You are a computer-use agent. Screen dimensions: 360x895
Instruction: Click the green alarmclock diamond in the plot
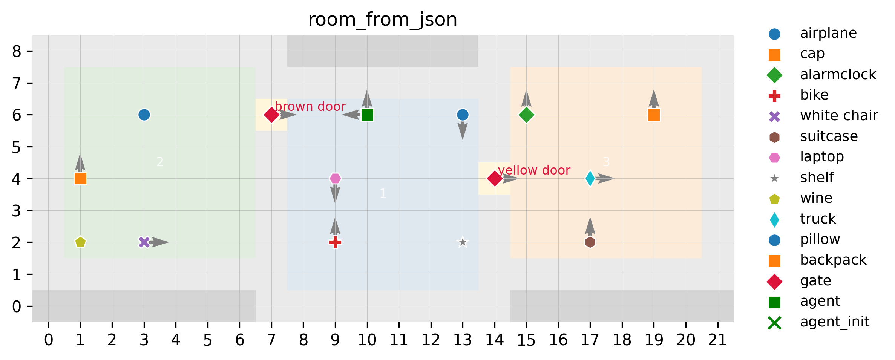(x=526, y=115)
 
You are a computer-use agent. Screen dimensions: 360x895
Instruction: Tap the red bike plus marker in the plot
(x=335, y=242)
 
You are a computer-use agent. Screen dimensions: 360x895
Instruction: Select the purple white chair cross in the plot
(x=144, y=242)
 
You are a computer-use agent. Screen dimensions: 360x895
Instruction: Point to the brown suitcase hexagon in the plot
(x=590, y=242)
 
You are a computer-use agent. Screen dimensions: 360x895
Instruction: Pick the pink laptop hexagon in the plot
(x=335, y=179)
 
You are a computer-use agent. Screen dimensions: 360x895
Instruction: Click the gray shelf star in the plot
(x=463, y=242)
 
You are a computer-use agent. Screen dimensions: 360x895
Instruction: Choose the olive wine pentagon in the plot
(x=80, y=242)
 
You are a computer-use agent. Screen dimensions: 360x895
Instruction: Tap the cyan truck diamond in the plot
(x=590, y=179)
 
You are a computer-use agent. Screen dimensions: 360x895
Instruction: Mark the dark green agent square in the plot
(x=367, y=115)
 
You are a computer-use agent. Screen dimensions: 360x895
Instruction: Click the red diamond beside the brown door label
(x=271, y=115)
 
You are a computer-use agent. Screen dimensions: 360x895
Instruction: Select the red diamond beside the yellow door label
(x=495, y=179)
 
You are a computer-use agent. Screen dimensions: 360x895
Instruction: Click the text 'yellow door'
(x=534, y=170)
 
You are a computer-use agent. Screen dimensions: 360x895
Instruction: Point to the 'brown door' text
(x=310, y=107)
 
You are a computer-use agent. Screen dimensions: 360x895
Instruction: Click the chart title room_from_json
(x=383, y=20)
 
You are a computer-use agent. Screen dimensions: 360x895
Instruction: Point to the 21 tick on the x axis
(x=717, y=340)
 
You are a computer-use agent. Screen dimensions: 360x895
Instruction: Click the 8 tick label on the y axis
(x=17, y=51)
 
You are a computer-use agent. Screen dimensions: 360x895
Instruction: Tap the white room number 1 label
(x=383, y=194)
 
